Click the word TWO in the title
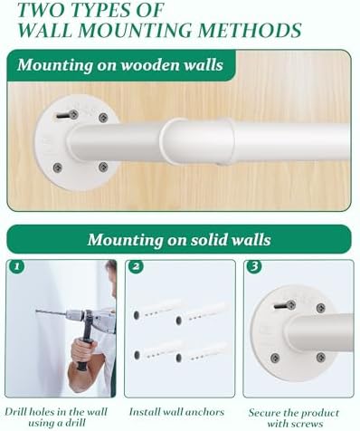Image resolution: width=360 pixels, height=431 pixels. coord(37,10)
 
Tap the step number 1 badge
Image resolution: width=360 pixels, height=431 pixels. coord(16,266)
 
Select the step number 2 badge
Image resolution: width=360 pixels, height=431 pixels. coord(136,266)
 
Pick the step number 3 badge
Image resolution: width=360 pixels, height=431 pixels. coord(254,266)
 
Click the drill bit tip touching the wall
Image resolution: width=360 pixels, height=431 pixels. coord(36,311)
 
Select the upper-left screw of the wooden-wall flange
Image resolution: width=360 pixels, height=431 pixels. coord(73,114)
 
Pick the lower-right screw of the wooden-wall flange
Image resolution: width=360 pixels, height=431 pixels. coord(103,167)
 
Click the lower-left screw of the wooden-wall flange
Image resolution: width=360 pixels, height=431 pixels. coord(57,167)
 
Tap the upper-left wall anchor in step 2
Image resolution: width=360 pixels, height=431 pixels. coord(156,310)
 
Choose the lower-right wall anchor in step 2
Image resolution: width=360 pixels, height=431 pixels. coord(202,352)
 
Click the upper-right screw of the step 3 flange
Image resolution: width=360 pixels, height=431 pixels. coord(321,308)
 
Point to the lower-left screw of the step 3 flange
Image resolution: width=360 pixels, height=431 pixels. coord(275,358)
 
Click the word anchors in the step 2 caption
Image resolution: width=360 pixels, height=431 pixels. coord(204,412)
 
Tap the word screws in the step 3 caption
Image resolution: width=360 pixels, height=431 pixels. coord(309,424)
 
